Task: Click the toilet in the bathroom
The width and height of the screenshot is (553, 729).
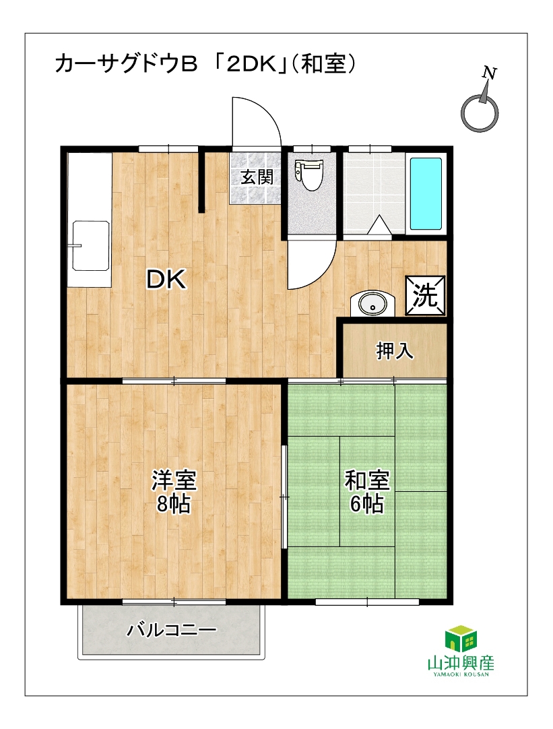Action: (308, 175)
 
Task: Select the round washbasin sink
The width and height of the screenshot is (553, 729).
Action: (372, 305)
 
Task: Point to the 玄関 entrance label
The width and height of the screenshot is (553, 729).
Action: (257, 177)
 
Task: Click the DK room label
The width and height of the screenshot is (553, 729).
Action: (166, 280)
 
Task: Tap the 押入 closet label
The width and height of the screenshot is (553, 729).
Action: (395, 350)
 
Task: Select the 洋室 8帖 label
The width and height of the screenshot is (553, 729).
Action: (174, 492)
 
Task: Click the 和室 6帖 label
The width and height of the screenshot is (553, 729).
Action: (366, 492)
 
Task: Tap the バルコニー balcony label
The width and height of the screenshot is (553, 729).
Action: (172, 630)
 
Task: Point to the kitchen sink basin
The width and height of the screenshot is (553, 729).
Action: (91, 245)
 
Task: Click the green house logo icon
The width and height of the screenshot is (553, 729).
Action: (461, 638)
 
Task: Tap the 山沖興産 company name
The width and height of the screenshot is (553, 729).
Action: (461, 663)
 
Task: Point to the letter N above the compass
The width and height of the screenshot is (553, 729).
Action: (489, 73)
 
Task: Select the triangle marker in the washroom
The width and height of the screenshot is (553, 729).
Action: (380, 224)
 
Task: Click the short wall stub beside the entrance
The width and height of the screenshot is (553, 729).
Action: (201, 180)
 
